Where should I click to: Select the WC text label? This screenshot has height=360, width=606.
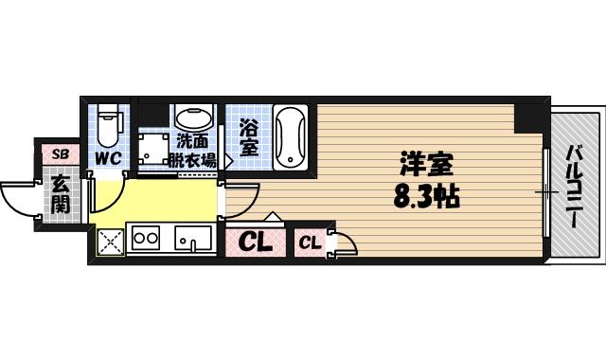point(108,157)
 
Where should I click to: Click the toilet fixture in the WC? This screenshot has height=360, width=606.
point(109,120)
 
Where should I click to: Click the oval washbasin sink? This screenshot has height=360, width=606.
point(193,118)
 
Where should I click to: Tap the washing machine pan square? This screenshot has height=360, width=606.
point(151,145)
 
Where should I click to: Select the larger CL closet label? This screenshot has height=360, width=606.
point(255,243)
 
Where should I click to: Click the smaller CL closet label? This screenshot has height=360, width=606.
point(311,243)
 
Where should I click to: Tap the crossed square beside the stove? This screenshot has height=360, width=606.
point(111,243)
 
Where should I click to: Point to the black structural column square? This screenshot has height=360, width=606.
point(527,117)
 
